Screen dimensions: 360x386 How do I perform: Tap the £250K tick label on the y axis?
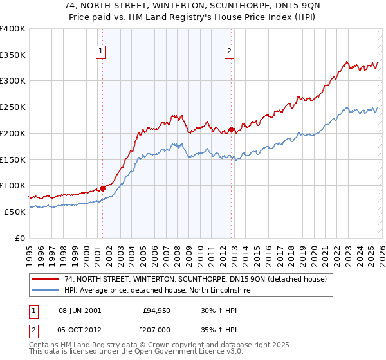(x=13, y=107)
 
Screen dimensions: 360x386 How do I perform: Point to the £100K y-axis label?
(x=13, y=185)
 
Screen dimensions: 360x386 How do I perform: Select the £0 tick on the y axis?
(x=20, y=238)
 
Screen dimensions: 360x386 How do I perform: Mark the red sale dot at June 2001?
(x=102, y=188)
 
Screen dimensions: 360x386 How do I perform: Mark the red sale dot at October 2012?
(x=231, y=129)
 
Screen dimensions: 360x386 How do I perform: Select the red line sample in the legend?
(x=46, y=279)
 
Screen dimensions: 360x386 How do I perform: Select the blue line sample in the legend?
(x=46, y=290)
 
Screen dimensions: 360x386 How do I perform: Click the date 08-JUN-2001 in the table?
(x=80, y=310)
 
